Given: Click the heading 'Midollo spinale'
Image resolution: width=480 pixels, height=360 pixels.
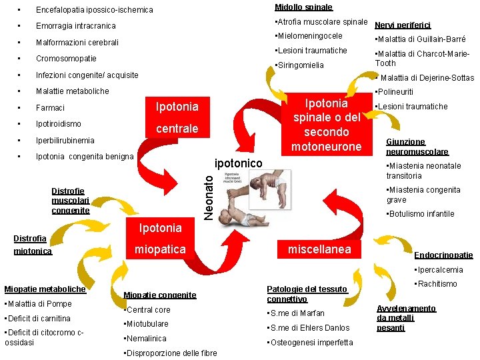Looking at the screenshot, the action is (x=303, y=7).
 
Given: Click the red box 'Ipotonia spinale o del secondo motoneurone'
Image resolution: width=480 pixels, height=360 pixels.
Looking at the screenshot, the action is (x=326, y=125).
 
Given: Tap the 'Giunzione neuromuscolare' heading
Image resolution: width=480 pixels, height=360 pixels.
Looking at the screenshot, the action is (x=417, y=147).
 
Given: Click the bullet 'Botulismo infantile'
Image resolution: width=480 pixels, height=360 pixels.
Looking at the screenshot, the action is (x=421, y=214).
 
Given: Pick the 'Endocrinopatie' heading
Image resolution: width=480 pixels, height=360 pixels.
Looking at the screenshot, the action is (x=443, y=255).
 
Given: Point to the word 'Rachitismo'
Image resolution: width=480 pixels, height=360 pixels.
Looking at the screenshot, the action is (x=437, y=284).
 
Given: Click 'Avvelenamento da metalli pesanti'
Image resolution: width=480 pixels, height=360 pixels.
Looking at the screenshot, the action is (x=406, y=318).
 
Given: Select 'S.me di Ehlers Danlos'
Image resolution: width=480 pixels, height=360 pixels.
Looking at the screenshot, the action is (x=309, y=327).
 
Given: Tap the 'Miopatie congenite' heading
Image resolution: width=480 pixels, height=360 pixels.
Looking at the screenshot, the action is (x=160, y=295).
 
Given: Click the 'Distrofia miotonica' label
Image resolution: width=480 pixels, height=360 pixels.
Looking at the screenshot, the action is (x=31, y=245).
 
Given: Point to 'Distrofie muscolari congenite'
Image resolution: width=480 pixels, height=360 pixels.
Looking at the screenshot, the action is (x=71, y=201).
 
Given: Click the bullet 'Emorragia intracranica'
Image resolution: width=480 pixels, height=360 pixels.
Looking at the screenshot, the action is (x=76, y=26).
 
